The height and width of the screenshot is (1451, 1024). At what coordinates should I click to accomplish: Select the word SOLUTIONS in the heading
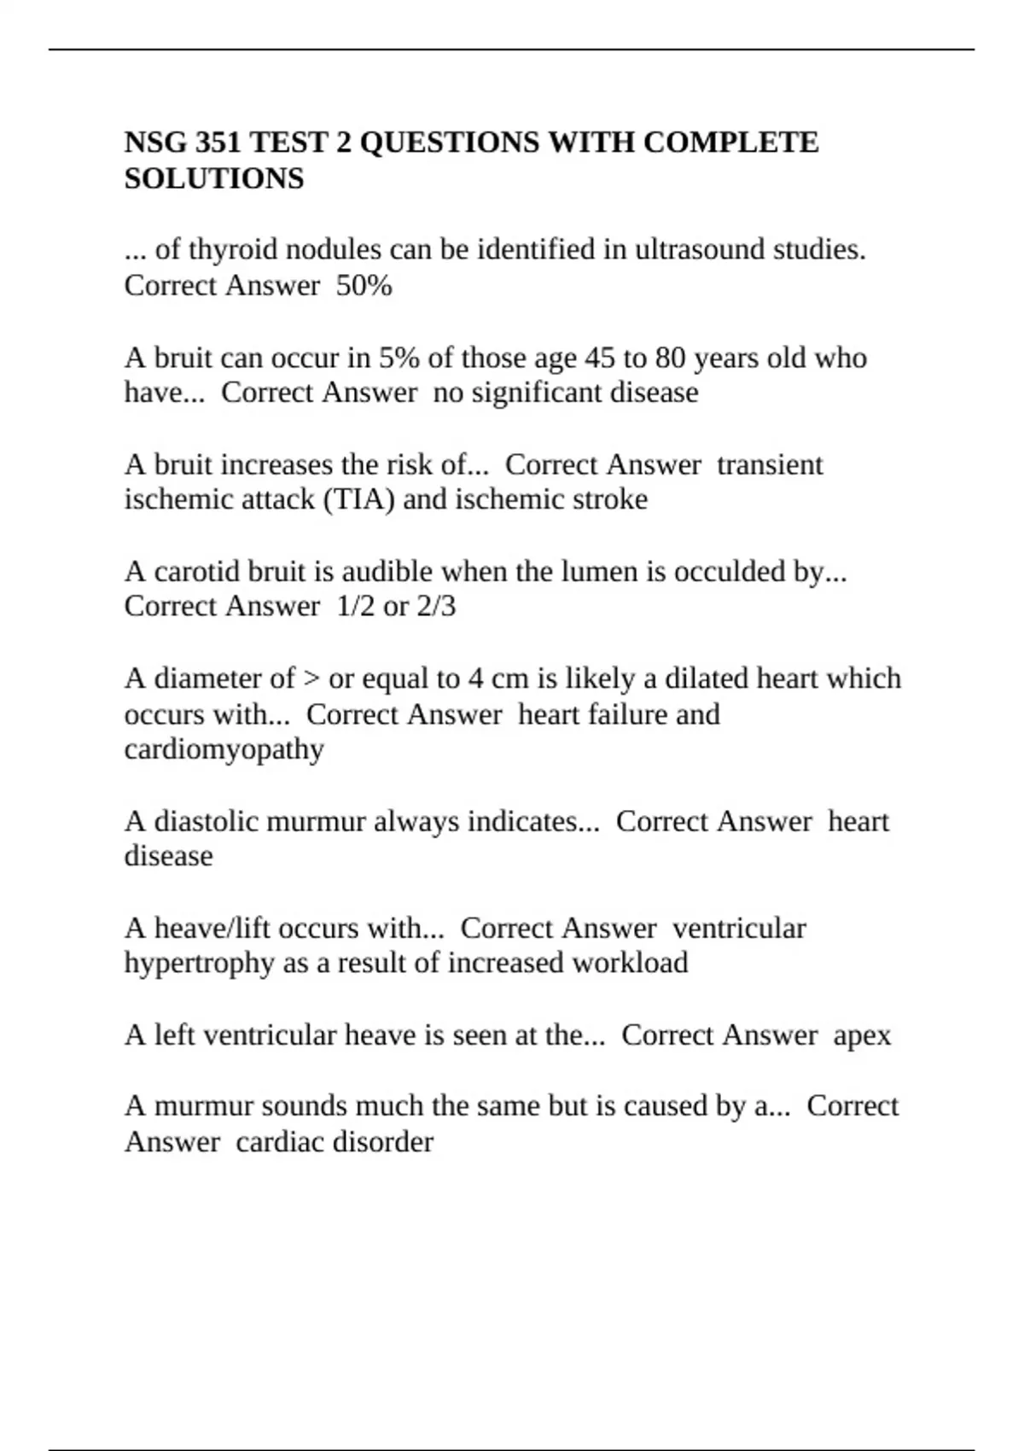(214, 179)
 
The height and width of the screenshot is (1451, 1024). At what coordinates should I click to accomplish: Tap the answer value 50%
(364, 286)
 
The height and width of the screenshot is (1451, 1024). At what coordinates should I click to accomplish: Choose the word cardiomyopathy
(224, 750)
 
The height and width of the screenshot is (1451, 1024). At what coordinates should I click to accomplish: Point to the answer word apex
(862, 1035)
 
